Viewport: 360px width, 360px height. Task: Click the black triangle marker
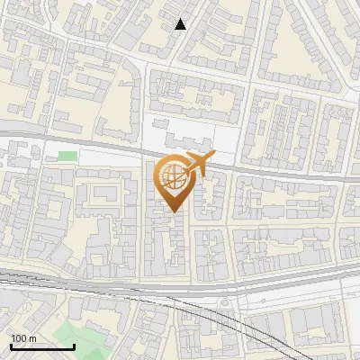point(181,24)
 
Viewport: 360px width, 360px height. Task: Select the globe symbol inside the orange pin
point(174,178)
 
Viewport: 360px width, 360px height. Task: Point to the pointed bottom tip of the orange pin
point(174,212)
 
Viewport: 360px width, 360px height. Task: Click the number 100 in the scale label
point(18,338)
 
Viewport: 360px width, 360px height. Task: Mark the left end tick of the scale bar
point(10,346)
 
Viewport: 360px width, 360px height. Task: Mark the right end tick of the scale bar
point(74,346)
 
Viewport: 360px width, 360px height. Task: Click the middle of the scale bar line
point(41,346)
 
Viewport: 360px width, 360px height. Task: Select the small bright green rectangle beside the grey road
point(67,156)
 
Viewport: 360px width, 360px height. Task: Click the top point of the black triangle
point(181,19)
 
